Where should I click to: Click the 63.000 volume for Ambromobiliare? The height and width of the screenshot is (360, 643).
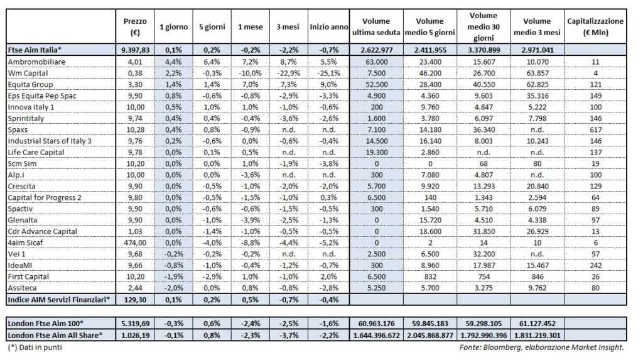pos(377,62)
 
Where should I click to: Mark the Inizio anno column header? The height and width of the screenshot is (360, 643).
pos(328,26)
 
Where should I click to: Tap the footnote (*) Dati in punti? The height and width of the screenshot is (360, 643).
pos(35,346)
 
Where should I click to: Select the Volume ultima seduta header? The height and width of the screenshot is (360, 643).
pos(377,26)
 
